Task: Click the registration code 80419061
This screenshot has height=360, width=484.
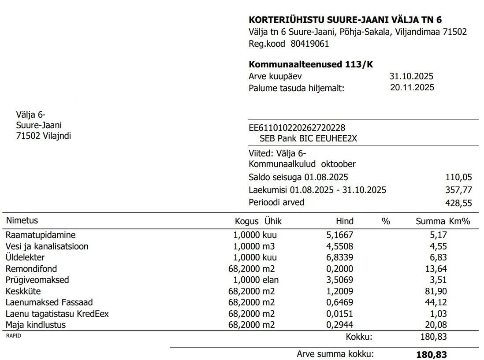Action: pyautogui.click(x=309, y=44)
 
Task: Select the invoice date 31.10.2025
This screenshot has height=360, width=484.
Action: pyautogui.click(x=411, y=76)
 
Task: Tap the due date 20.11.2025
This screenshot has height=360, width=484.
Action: pyautogui.click(x=412, y=87)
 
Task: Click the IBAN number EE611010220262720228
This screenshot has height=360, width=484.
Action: pyautogui.click(x=297, y=128)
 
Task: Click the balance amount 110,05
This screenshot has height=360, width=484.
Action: pyautogui.click(x=459, y=178)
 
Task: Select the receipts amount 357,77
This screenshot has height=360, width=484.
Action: pyautogui.click(x=459, y=190)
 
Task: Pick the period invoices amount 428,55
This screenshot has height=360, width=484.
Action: pyautogui.click(x=459, y=203)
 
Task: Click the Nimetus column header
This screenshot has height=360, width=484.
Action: pyautogui.click(x=22, y=220)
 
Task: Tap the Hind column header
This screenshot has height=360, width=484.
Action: pyautogui.click(x=344, y=221)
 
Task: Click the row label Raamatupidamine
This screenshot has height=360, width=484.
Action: pyautogui.click(x=41, y=235)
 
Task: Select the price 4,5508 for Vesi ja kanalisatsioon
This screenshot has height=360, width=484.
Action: pyautogui.click(x=339, y=246)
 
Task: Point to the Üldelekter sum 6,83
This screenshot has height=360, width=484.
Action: pyautogui.click(x=438, y=258)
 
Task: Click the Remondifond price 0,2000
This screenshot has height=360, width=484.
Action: pyautogui.click(x=339, y=269)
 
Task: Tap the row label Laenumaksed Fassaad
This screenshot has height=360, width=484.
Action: pyautogui.click(x=49, y=302)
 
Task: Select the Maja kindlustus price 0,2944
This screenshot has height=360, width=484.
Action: pyautogui.click(x=339, y=325)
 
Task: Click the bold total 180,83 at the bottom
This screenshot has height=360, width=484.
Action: pyautogui.click(x=431, y=354)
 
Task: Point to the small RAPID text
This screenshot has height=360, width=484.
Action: pyautogui.click(x=13, y=336)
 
